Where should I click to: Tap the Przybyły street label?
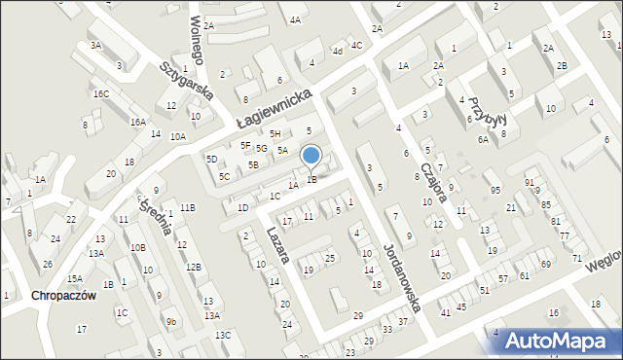click(x=483, y=115)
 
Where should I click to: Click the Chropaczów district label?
click(x=63, y=296)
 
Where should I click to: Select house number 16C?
click(x=101, y=93)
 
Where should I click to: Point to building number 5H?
click(x=275, y=133)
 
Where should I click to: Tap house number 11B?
click(x=187, y=207)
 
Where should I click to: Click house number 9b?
click(x=170, y=321)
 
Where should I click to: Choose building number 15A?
click(x=75, y=278)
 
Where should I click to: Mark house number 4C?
click(x=356, y=45)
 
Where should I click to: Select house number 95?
click(x=495, y=189)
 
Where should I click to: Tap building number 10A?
click(x=177, y=137)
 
